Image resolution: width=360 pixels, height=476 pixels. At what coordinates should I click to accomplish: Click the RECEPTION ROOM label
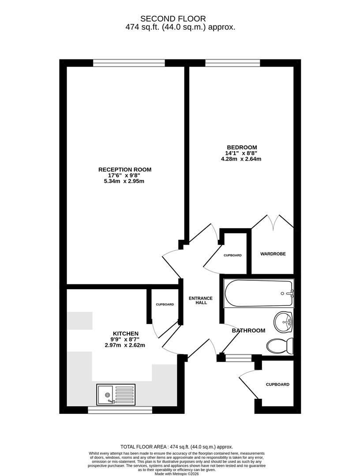click(125, 170)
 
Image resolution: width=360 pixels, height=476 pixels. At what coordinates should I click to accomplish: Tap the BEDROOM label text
click(241, 148)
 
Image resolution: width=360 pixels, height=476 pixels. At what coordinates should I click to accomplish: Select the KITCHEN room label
click(126, 334)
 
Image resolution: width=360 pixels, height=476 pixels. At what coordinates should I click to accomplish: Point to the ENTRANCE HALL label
click(200, 300)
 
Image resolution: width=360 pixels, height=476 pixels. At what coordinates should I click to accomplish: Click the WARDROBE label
click(273, 254)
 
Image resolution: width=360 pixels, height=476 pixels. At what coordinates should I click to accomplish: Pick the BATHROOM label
click(248, 330)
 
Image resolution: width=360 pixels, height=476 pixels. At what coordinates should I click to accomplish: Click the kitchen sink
click(116, 394)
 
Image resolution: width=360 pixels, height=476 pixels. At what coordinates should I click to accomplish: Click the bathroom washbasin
click(283, 322)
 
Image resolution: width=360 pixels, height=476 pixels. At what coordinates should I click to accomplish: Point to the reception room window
click(129, 63)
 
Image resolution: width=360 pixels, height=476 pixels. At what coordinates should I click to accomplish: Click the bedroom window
click(232, 63)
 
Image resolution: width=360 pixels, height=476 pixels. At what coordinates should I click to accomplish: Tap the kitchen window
click(120, 410)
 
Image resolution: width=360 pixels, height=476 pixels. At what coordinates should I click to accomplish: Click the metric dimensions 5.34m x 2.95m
click(124, 181)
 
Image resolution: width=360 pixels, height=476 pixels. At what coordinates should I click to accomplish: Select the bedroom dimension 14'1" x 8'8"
click(241, 153)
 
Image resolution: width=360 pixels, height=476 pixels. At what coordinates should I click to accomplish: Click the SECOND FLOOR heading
click(173, 19)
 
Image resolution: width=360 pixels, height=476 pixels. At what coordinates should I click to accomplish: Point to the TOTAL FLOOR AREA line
click(176, 446)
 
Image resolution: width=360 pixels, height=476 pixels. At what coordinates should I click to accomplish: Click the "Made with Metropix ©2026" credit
click(176, 473)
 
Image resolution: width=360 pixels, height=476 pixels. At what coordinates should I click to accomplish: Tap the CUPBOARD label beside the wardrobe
click(232, 255)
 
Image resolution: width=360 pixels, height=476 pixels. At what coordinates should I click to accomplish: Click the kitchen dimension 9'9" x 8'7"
click(124, 339)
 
